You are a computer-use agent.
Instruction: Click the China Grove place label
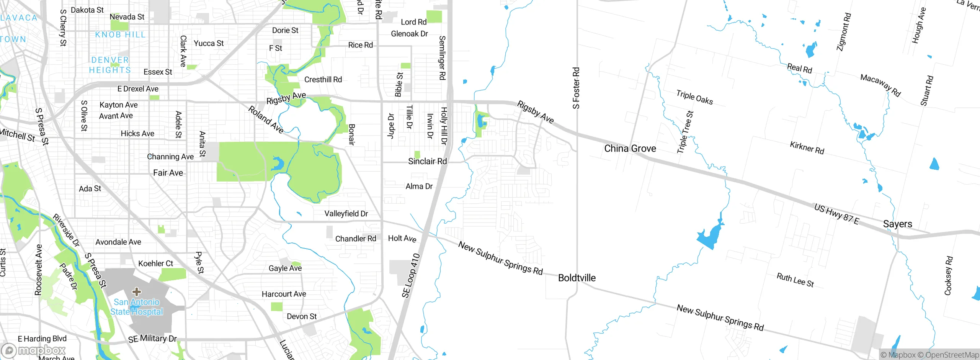(630, 149)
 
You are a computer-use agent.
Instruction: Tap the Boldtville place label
(577, 278)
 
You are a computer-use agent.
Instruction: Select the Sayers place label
(897, 224)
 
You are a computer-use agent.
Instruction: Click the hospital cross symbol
(137, 292)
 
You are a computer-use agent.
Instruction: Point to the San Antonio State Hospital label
(137, 307)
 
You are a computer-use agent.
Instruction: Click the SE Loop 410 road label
(411, 275)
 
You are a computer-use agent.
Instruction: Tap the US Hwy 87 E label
(836, 214)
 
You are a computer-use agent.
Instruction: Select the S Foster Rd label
(576, 88)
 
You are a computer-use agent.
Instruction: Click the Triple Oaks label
(694, 97)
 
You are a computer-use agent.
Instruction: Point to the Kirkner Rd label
(807, 147)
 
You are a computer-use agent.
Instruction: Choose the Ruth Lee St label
(795, 280)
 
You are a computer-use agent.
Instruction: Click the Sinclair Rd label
(427, 161)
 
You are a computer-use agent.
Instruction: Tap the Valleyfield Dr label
(346, 214)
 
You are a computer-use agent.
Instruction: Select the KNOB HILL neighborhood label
(120, 35)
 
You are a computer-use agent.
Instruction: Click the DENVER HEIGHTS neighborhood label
(110, 65)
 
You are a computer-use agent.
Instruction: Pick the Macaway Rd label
(880, 85)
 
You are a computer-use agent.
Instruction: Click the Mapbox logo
(34, 350)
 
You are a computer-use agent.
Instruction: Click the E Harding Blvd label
(42, 339)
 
